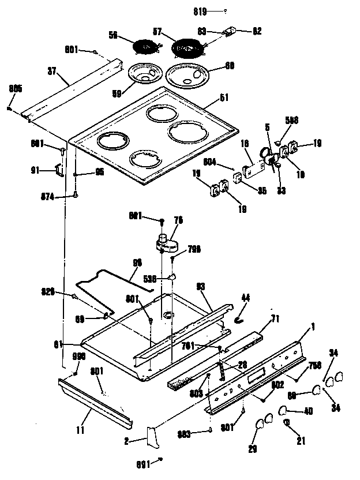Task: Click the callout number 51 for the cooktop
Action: pos(226,97)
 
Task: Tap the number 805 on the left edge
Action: pos(16,88)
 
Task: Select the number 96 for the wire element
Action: pos(138,262)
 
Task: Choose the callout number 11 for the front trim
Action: pos(80,430)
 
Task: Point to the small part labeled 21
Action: pos(287,424)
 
